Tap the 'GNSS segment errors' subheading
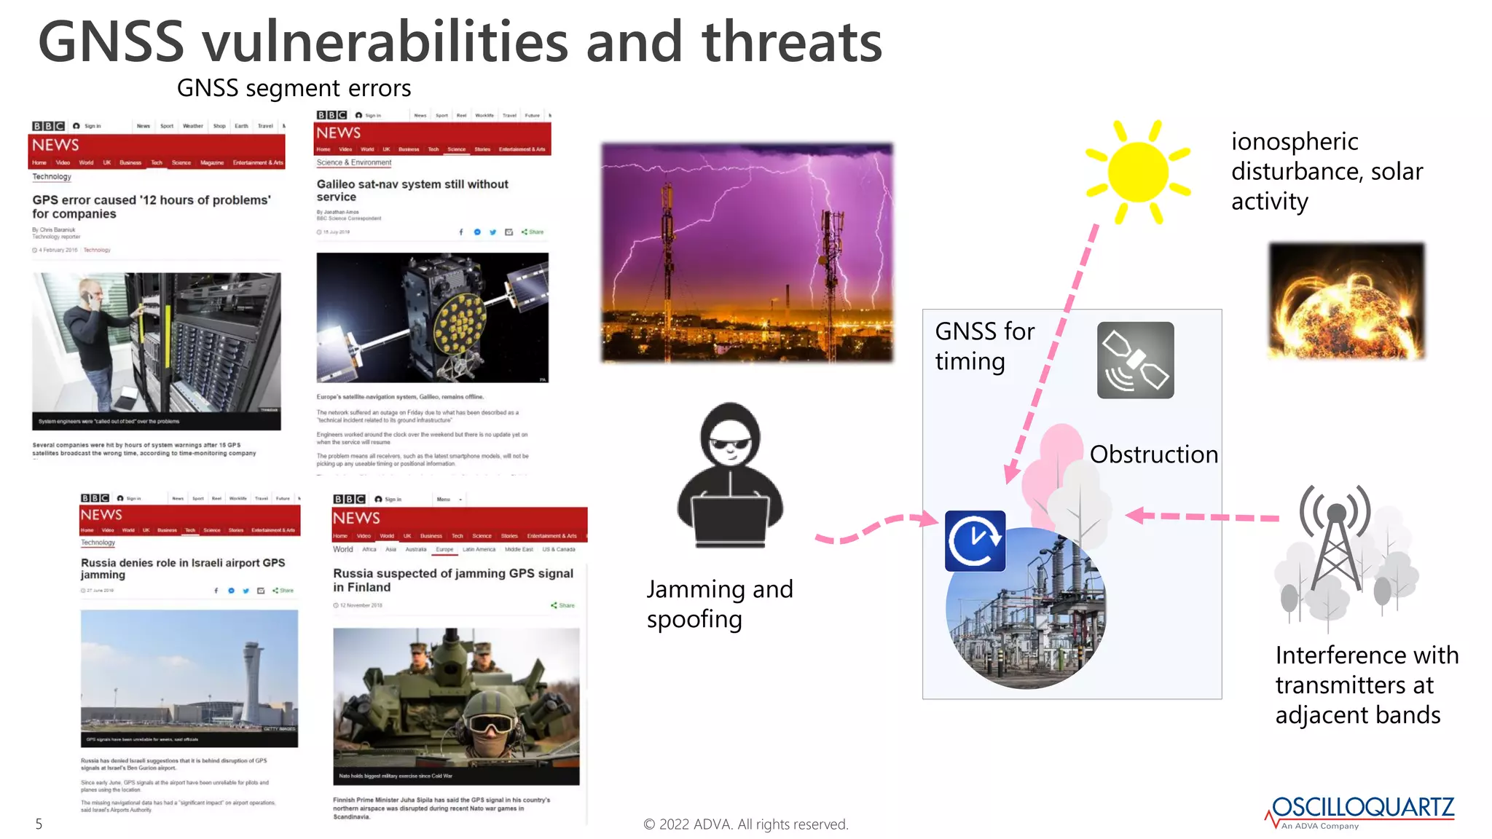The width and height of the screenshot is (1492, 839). click(294, 88)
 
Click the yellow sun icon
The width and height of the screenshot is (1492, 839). click(1137, 173)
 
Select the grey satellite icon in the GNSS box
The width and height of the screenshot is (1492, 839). click(1135, 360)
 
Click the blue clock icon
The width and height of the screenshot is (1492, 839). click(975, 541)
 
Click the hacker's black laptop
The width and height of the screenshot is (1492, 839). click(731, 521)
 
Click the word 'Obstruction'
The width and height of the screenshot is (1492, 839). click(1153, 454)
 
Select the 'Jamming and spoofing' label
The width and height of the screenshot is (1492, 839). click(719, 604)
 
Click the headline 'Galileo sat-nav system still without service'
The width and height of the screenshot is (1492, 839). click(412, 190)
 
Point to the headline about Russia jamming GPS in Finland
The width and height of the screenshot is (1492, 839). click(452, 580)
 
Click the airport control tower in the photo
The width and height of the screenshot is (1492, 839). click(253, 677)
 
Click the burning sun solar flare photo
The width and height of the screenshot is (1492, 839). click(1346, 301)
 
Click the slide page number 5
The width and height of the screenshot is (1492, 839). click(39, 824)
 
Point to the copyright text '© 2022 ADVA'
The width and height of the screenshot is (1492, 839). click(745, 824)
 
